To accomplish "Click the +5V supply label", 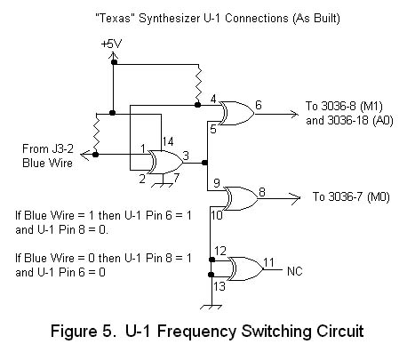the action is (111, 44).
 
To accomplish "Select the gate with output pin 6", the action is (236, 113).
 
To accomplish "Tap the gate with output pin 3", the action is (165, 162).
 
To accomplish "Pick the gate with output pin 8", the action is (241, 198).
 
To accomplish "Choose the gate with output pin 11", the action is (245, 268).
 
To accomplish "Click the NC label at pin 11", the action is (295, 271).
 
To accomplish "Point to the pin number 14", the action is (168, 141).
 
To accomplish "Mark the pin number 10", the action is (217, 215).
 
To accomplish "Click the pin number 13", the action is (219, 286).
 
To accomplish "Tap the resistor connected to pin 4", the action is (198, 84).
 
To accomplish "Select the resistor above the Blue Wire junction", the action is (96, 132).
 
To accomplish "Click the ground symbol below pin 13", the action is (211, 307).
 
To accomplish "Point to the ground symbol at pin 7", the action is (163, 185).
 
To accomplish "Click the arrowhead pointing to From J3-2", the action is (85, 155).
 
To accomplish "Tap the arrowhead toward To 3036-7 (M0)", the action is (295, 198).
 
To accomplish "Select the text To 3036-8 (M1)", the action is (344, 106).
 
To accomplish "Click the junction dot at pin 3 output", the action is (204, 163).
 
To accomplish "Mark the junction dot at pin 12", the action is (211, 260).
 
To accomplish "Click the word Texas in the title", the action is (113, 19).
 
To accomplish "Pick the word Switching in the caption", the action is (275, 332).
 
